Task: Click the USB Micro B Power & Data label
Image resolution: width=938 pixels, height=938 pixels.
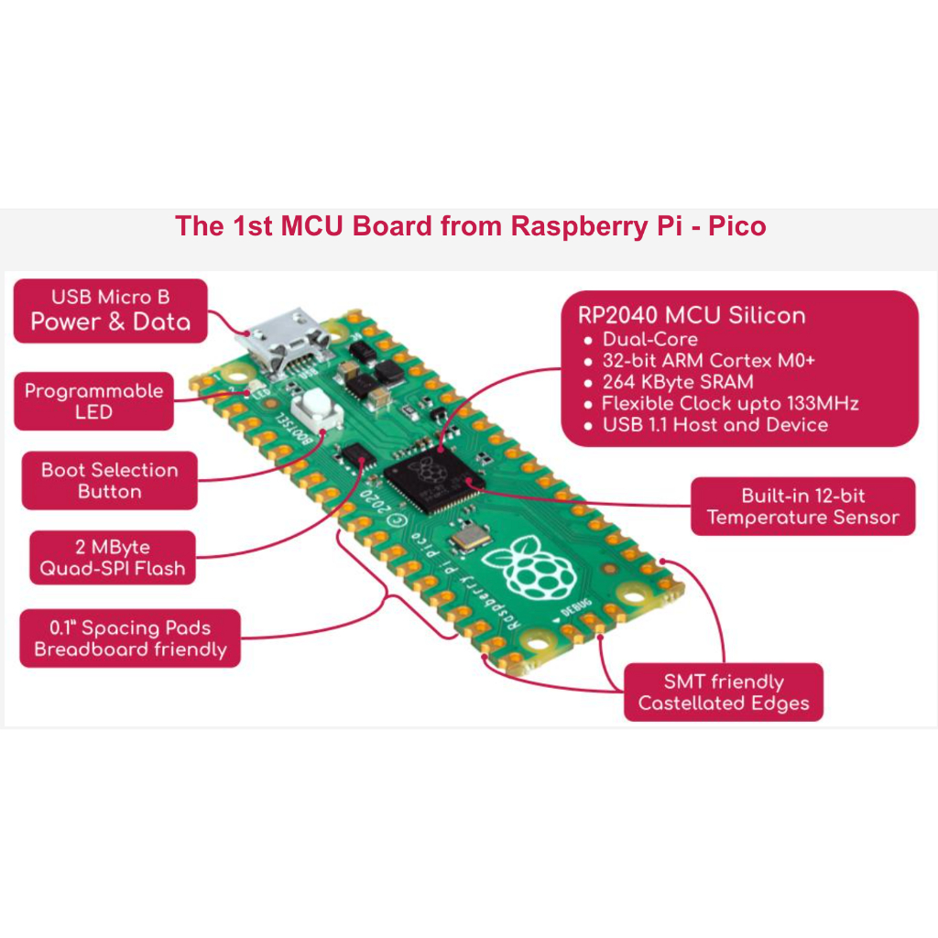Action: click(x=111, y=311)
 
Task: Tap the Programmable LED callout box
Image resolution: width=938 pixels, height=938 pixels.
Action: click(x=94, y=401)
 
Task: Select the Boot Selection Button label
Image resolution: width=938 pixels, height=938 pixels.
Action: click(x=110, y=481)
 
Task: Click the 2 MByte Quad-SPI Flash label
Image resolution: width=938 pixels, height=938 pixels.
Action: click(x=113, y=558)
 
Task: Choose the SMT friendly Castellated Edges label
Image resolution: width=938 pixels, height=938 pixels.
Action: click(x=724, y=693)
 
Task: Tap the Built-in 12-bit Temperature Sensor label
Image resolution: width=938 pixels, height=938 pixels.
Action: click(x=802, y=507)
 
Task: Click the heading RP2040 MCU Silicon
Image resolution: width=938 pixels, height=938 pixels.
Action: click(x=692, y=316)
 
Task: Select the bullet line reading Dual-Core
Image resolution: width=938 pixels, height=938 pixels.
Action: click(x=649, y=339)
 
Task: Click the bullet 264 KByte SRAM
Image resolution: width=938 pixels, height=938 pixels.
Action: click(x=678, y=382)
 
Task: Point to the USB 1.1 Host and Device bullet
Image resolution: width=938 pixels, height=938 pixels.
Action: click(x=714, y=425)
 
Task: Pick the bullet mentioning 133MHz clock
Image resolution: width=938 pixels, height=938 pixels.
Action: click(x=730, y=404)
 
